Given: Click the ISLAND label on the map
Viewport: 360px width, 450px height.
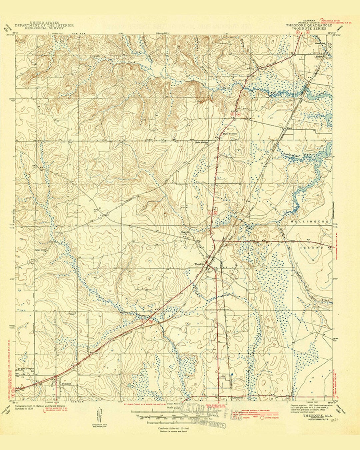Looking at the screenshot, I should tap(315, 248).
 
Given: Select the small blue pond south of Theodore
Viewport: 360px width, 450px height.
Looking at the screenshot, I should tap(232, 375).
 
